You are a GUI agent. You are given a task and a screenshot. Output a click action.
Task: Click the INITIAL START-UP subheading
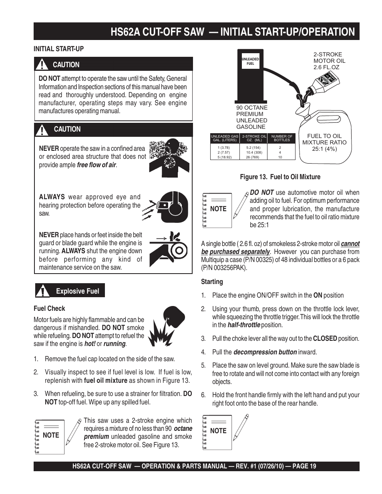point(58,49)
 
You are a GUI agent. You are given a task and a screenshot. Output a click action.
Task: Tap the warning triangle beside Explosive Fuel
point(42,291)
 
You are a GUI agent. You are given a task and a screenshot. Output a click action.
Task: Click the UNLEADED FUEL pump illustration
point(250,76)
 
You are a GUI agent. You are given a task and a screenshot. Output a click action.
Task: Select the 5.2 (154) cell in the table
point(253,148)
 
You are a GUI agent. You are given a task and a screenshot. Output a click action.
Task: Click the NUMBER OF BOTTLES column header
point(282,138)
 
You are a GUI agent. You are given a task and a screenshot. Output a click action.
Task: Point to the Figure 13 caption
point(280,177)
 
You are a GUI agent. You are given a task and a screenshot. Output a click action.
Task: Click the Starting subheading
point(212,282)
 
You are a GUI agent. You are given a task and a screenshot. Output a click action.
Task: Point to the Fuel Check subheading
point(49,308)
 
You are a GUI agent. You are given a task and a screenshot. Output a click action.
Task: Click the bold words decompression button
point(265,352)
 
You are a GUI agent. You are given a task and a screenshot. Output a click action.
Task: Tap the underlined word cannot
point(350,244)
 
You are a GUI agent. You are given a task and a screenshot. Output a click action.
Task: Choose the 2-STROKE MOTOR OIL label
point(329,61)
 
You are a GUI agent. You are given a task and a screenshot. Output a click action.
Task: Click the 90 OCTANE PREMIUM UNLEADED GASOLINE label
point(252,117)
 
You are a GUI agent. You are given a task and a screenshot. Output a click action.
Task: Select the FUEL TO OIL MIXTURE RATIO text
point(324,142)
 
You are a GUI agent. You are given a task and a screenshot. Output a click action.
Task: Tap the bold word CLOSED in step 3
point(325,338)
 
